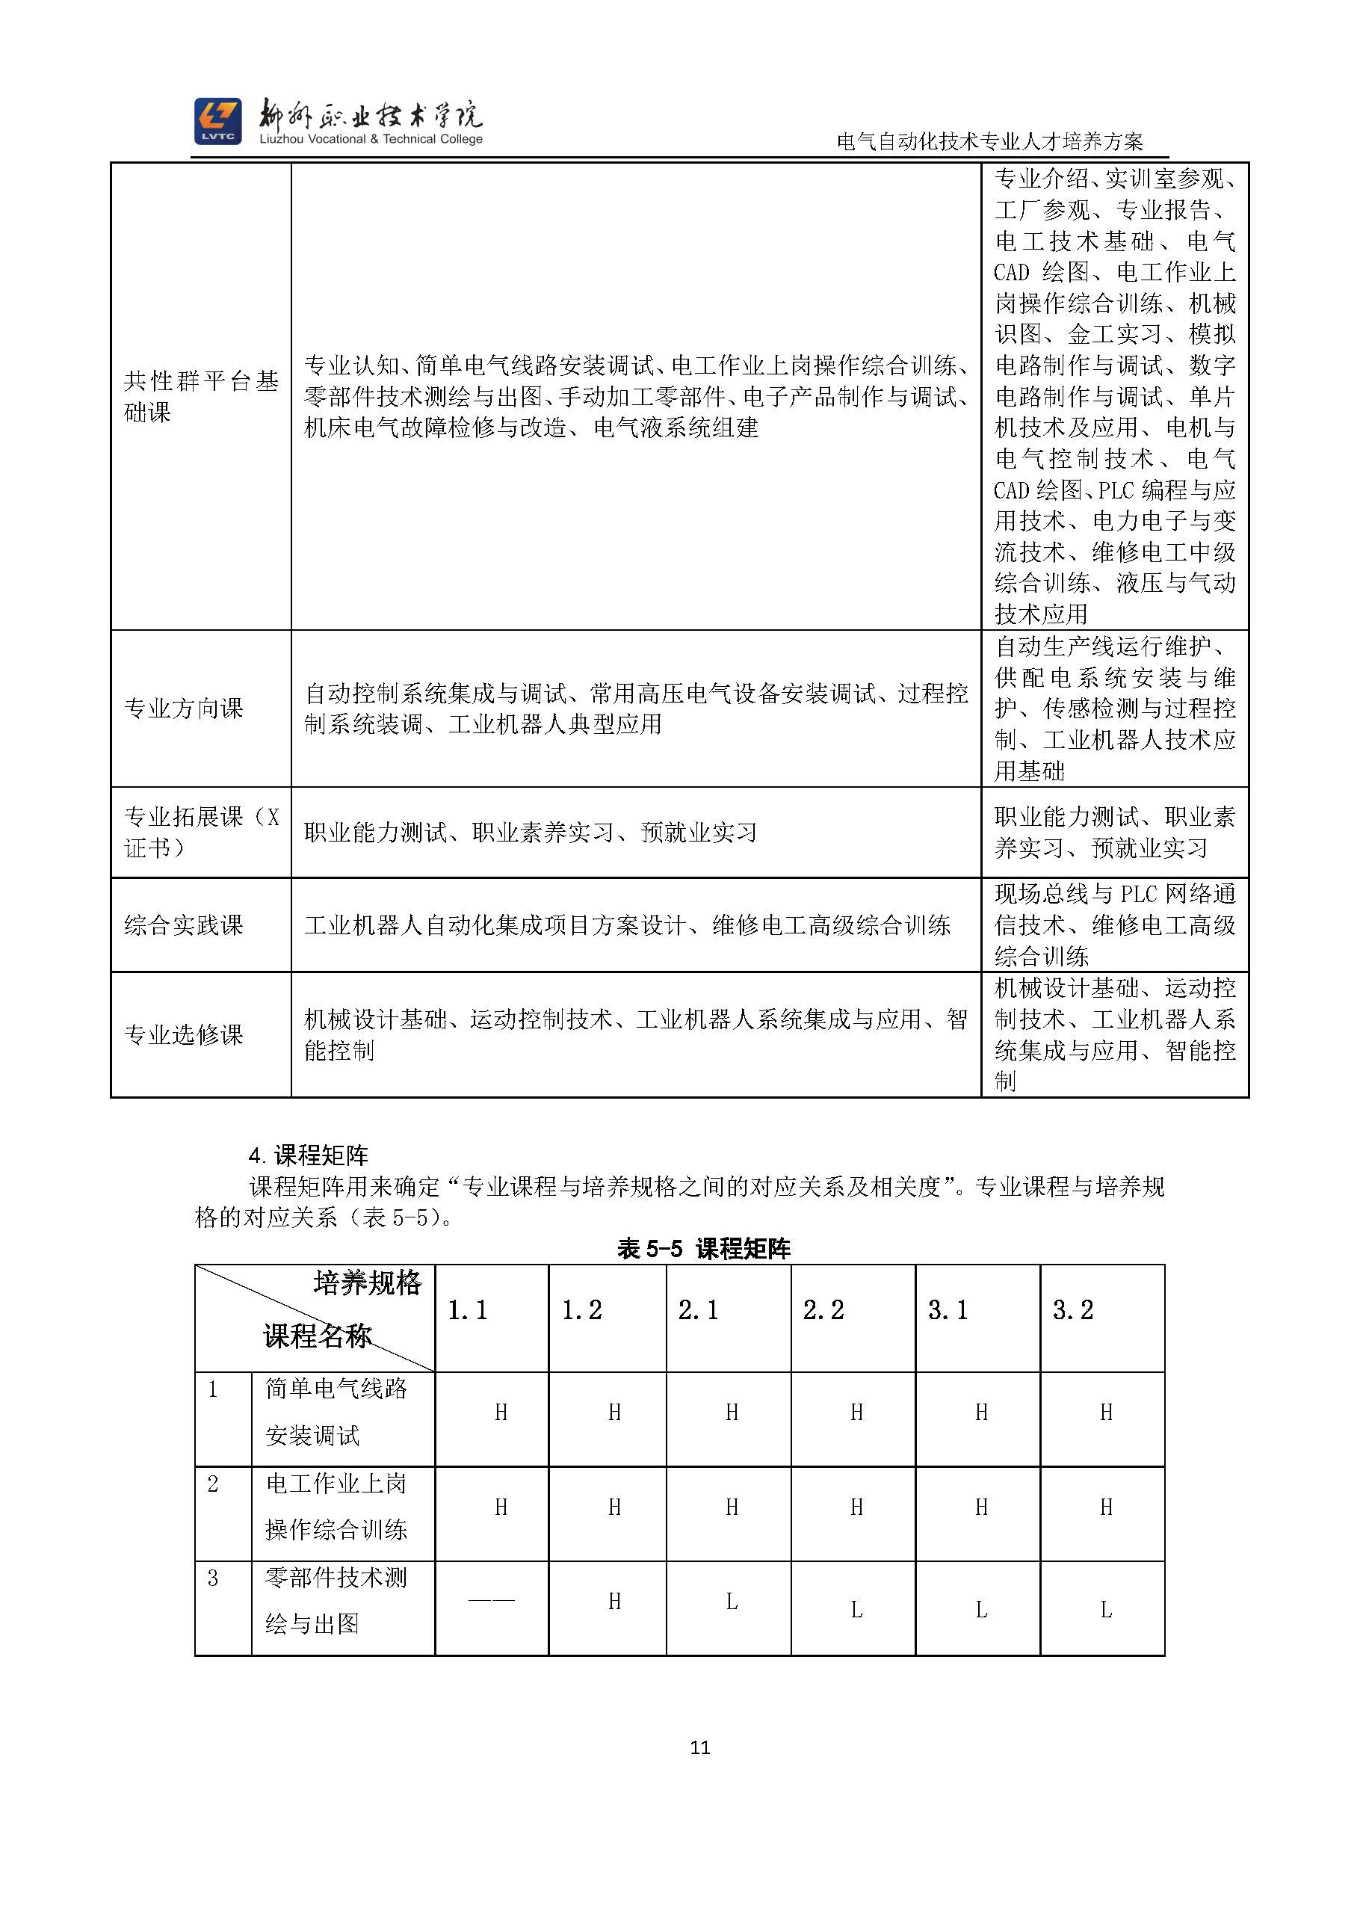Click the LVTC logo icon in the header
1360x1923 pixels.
217,121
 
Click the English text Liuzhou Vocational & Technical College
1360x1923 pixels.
371,139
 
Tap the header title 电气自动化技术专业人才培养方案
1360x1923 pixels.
990,141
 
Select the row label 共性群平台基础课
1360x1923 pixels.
201,396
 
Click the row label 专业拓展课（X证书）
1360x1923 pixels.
201,833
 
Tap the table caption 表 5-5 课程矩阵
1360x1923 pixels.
703,1249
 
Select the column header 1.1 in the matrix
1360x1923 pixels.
467,1310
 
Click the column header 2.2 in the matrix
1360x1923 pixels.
823,1310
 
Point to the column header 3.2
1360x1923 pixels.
1073,1310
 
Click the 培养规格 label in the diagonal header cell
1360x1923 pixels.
368,1283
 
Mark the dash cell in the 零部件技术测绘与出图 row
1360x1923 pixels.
492,1601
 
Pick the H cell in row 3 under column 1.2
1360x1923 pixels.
615,1602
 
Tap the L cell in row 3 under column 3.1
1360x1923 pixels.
981,1609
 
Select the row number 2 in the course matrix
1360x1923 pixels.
213,1484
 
